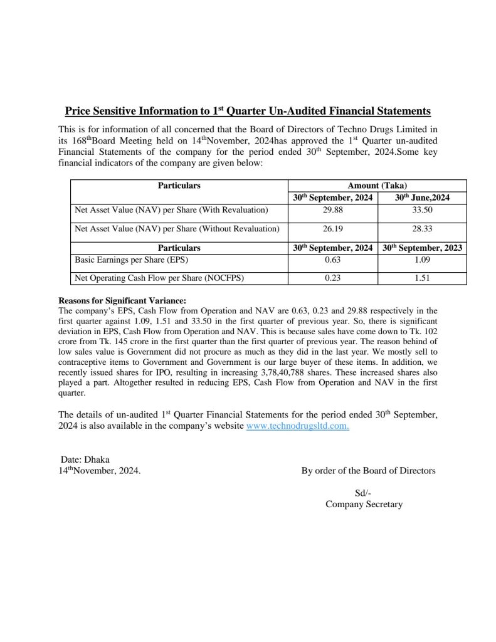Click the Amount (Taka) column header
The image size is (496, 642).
[x=377, y=186]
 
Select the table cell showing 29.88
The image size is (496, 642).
[x=332, y=209]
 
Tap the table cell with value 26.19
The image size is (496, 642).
[x=332, y=229]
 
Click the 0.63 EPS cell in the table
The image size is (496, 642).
[x=332, y=258]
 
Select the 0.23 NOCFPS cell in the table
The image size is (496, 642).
[x=332, y=278]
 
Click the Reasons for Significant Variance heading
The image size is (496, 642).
[x=122, y=300]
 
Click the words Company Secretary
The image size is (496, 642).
[x=364, y=504]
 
